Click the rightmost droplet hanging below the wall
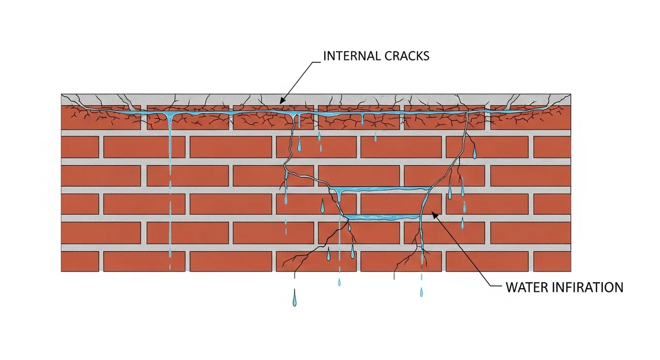pyautogui.click(x=421, y=292)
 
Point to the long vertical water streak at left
pyautogui.click(x=170, y=186)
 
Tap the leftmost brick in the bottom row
pyautogui.click(x=80, y=261)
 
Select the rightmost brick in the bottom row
pyautogui.click(x=552, y=261)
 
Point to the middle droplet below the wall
pyautogui.click(x=339, y=282)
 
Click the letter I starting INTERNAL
pyautogui.click(x=325, y=56)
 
